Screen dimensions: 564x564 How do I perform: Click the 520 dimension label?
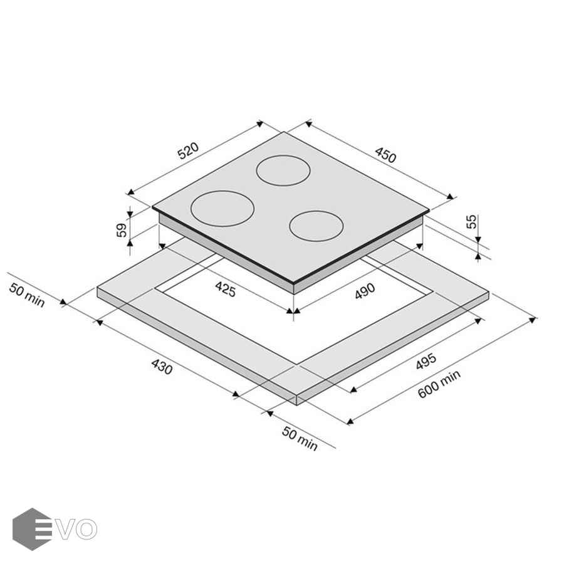(x=188, y=150)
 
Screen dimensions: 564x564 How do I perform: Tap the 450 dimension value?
(x=385, y=155)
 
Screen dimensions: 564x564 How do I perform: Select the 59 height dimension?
(x=122, y=230)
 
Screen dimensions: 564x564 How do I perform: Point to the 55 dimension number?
(x=471, y=221)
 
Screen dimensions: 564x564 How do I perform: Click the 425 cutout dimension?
(x=226, y=289)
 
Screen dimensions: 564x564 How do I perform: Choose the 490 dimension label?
(x=365, y=291)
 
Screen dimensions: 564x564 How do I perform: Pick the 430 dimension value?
(x=162, y=366)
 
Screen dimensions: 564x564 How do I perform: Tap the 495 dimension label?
(x=426, y=361)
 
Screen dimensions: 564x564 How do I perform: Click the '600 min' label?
(x=439, y=384)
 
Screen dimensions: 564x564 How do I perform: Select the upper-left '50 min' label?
(x=27, y=295)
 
